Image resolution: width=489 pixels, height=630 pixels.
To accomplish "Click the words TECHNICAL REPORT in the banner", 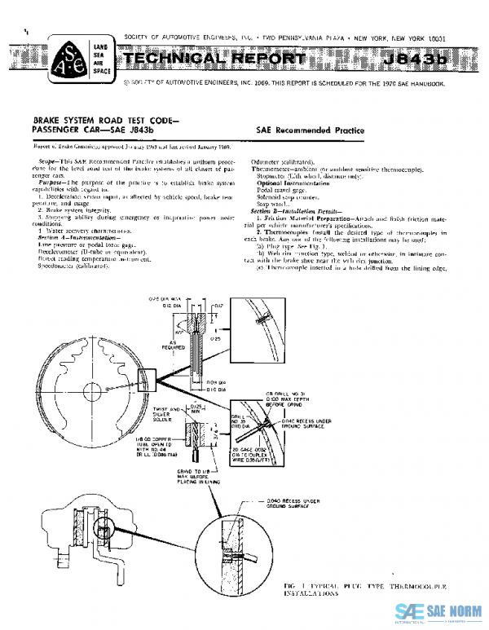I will pyautogui.click(x=212, y=59).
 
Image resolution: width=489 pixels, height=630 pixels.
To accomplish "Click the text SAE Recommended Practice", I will pyautogui.click(x=310, y=130).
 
